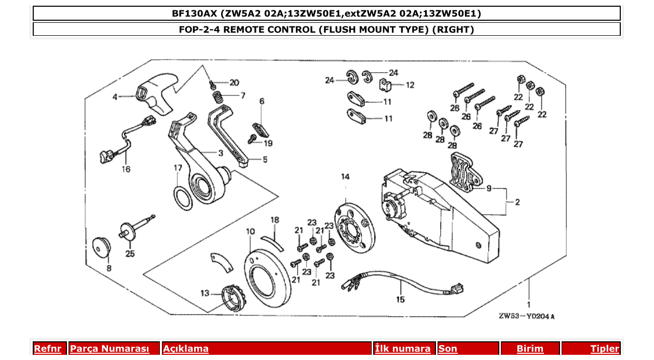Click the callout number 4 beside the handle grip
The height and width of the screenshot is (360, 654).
pyautogui.click(x=115, y=96)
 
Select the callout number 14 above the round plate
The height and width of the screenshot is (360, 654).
pyautogui.click(x=345, y=177)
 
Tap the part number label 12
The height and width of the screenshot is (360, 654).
pyautogui.click(x=410, y=85)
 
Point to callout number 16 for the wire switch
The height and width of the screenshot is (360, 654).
pyautogui.click(x=126, y=169)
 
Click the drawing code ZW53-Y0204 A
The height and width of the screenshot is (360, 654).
pyautogui.click(x=526, y=316)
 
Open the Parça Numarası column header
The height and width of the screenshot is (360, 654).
pyautogui.click(x=109, y=349)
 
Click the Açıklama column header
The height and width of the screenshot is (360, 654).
pyautogui.click(x=186, y=349)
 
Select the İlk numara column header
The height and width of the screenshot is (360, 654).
pyautogui.click(x=403, y=349)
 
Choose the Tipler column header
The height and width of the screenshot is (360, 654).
pyautogui.click(x=604, y=349)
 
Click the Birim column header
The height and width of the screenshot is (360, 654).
pyautogui.click(x=529, y=349)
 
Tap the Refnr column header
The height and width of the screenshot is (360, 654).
pyautogui.click(x=47, y=349)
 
